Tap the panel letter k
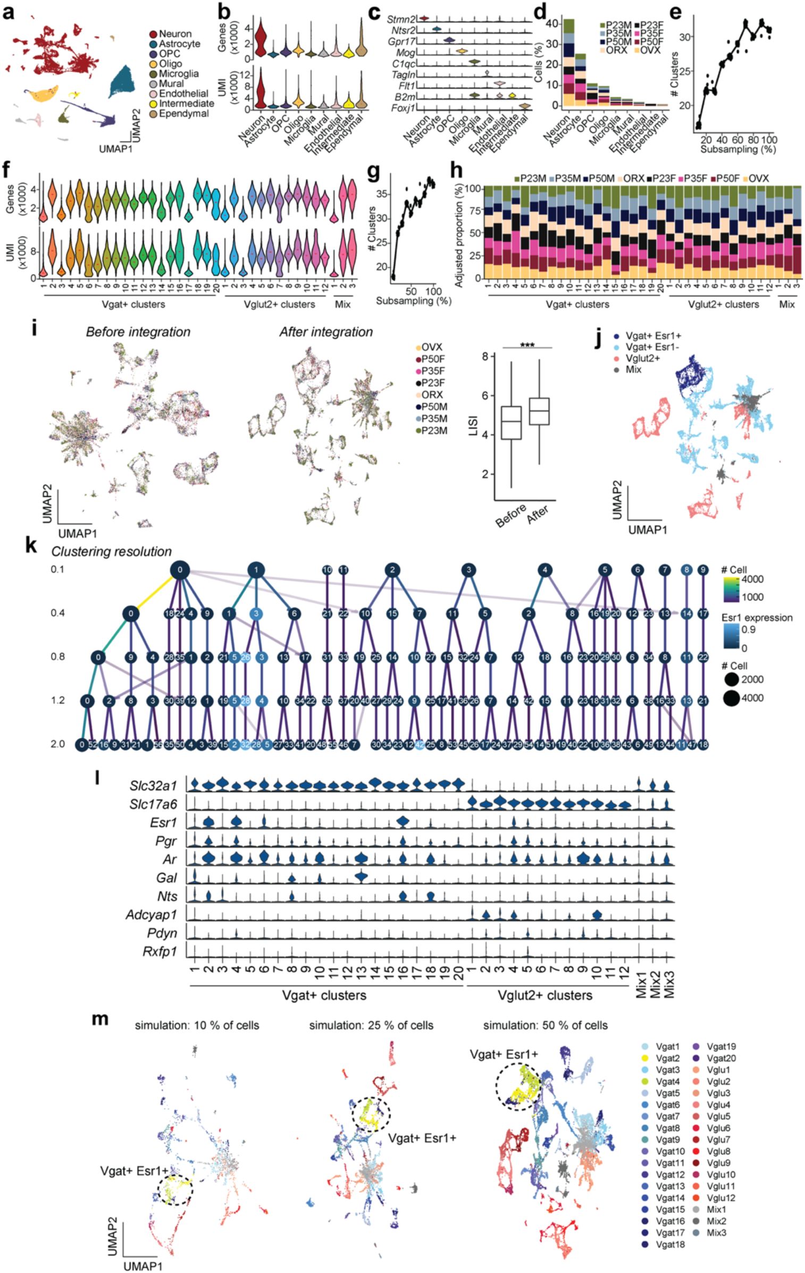tap(31, 545)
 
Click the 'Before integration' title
tap(138, 332)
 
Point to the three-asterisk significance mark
tap(527, 345)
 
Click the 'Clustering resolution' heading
tap(111, 552)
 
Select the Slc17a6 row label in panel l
tap(153, 804)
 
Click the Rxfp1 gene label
tap(160, 951)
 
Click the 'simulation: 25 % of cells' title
tap(371, 1025)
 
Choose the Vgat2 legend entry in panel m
tap(667, 1058)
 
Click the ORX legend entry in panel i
tap(432, 395)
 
